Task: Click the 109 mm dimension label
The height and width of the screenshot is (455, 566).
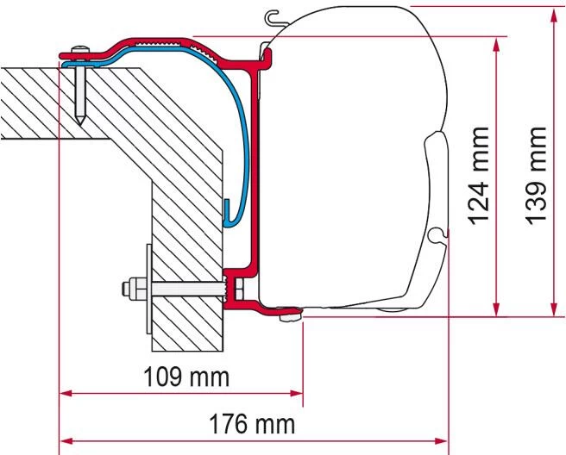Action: tap(182, 377)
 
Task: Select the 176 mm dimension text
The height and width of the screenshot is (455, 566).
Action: tap(252, 424)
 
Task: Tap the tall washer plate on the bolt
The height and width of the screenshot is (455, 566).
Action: tap(148, 284)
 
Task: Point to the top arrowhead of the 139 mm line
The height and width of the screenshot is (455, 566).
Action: tap(553, 11)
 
